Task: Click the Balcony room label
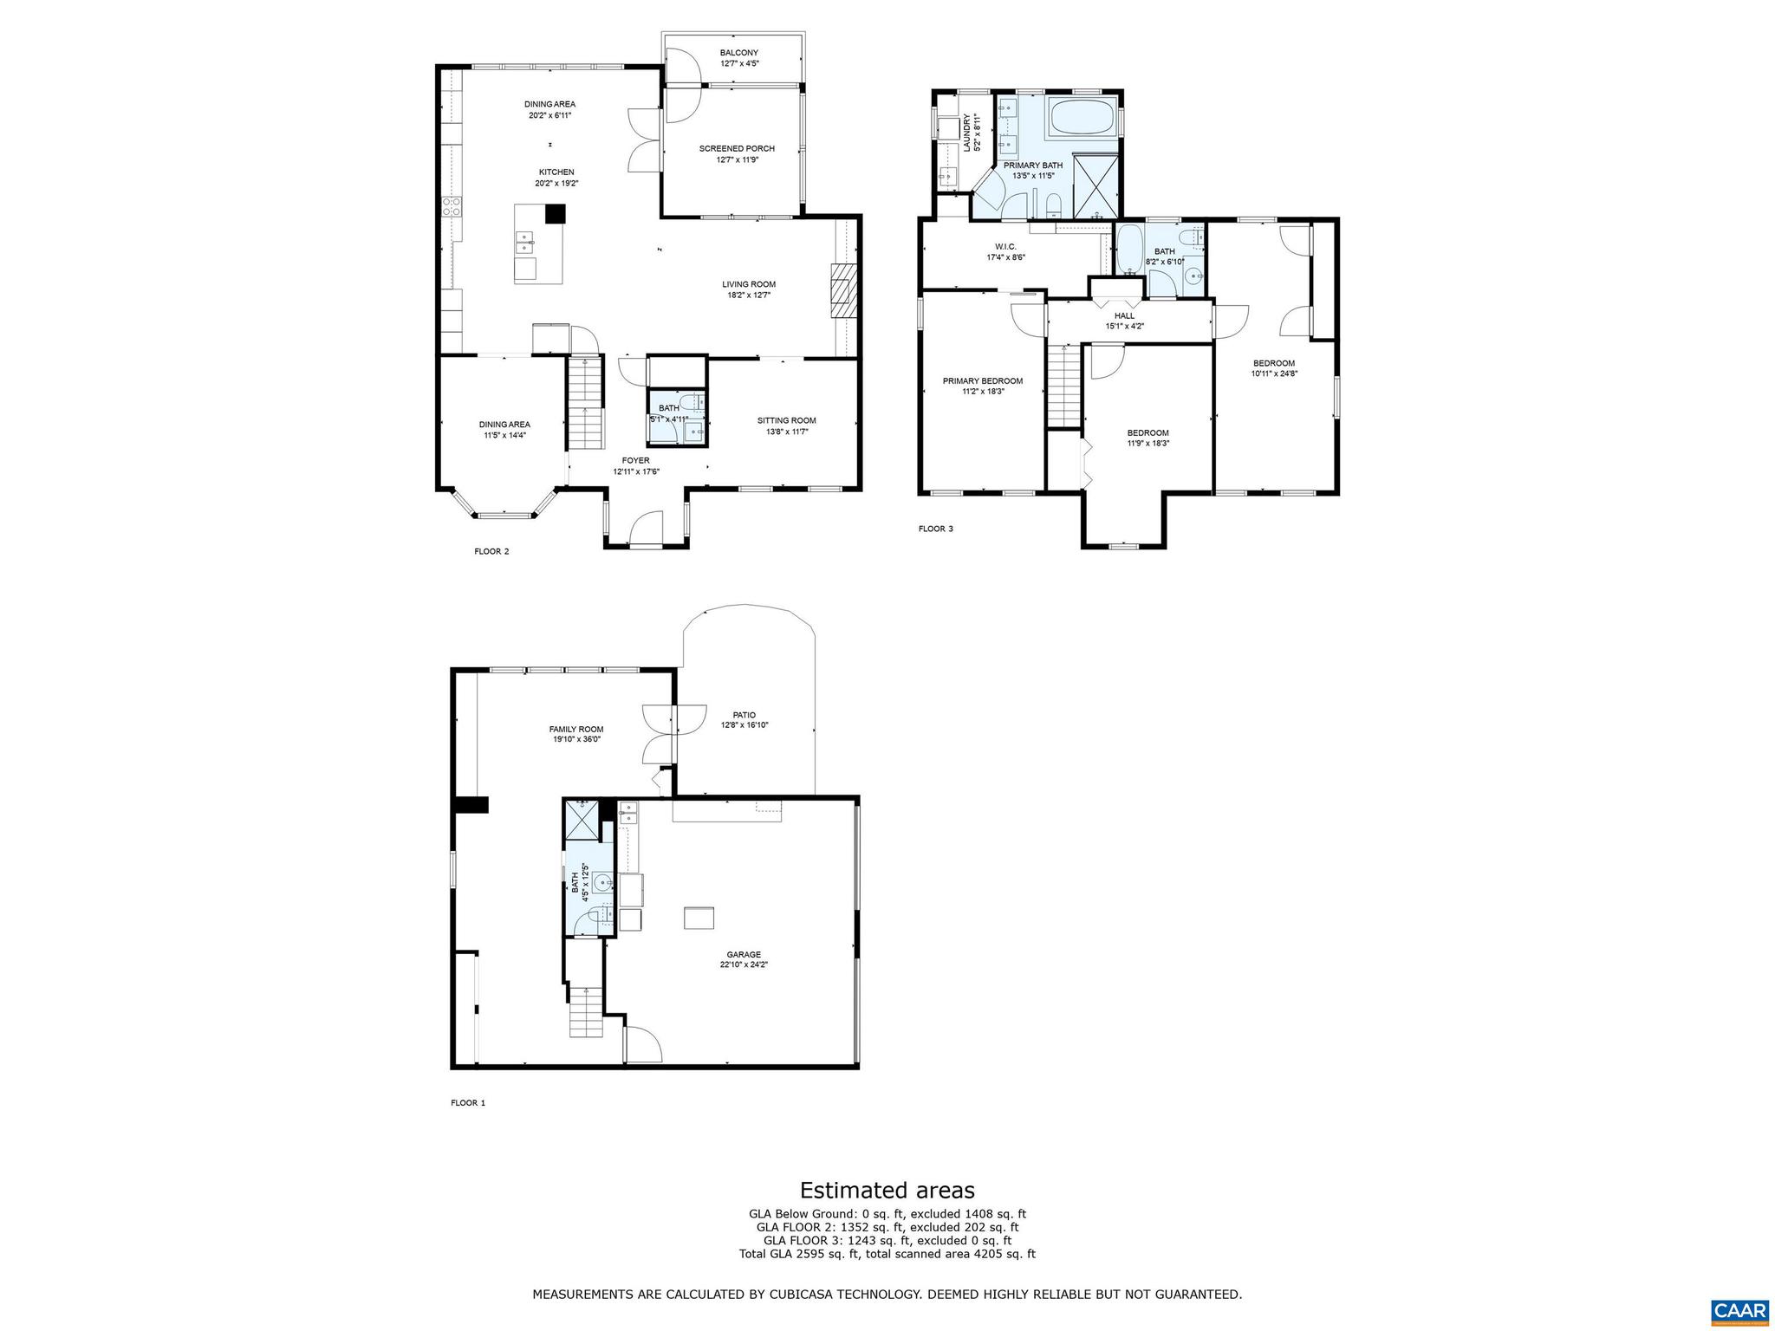tap(738, 53)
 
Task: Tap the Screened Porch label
tap(737, 148)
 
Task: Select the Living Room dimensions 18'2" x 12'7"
tap(749, 295)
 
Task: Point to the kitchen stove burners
tap(452, 206)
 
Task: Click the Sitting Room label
tap(786, 420)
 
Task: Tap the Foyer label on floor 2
tap(635, 460)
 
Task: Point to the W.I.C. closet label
tap(1005, 246)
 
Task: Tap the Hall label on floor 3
tap(1124, 315)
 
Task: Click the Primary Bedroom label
tap(982, 380)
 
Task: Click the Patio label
tap(744, 715)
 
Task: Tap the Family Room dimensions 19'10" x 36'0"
tap(576, 740)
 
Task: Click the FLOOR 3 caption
tap(935, 529)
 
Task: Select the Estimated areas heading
tap(887, 1190)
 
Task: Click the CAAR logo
tap(1739, 1310)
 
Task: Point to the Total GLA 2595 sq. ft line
tap(887, 1254)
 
